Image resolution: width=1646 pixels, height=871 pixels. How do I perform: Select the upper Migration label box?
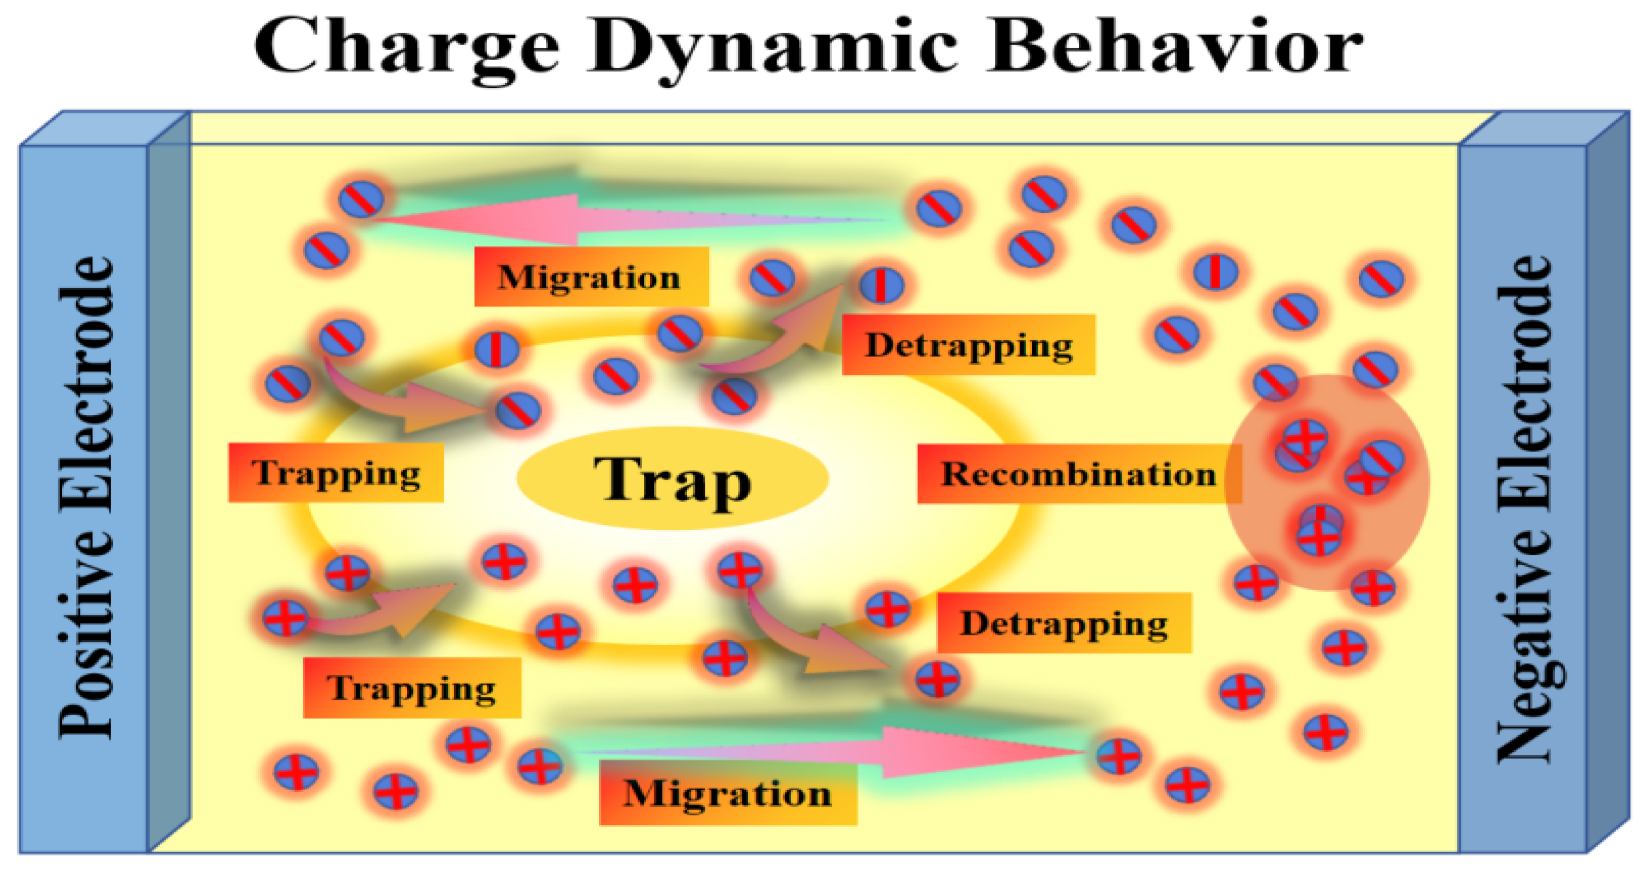click(591, 277)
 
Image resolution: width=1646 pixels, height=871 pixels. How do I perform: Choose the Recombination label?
click(1078, 474)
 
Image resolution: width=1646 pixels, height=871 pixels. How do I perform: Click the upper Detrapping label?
click(968, 345)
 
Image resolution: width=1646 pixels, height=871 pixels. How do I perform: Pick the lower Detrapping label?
click(1064, 623)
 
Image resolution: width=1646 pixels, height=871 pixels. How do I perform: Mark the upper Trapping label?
click(336, 473)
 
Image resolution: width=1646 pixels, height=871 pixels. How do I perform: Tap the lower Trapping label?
click(412, 688)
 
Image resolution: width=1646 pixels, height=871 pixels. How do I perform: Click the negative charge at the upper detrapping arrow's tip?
click(881, 284)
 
